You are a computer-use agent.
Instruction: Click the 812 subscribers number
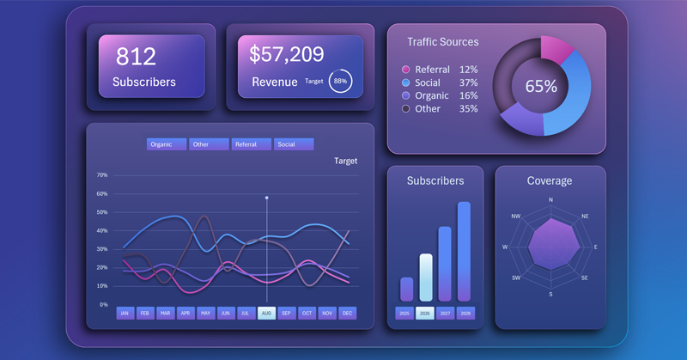click(136, 57)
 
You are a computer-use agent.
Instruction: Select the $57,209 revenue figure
click(287, 55)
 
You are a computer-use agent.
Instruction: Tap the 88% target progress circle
click(340, 81)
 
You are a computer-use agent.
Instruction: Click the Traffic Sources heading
click(443, 41)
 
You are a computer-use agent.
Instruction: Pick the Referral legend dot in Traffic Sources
click(405, 70)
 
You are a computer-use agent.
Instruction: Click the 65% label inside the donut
click(541, 86)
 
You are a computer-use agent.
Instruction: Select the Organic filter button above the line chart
click(166, 144)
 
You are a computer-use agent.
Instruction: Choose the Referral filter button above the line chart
click(251, 144)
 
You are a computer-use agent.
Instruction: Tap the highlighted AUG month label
click(266, 314)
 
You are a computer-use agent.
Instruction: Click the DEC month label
click(347, 314)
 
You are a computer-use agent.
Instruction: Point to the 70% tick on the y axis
click(102, 175)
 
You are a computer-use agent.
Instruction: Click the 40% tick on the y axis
click(102, 230)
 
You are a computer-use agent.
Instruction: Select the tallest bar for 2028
click(464, 251)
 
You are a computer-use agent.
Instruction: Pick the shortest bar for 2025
click(406, 289)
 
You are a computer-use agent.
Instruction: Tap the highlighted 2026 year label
click(425, 314)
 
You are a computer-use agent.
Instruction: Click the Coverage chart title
click(550, 180)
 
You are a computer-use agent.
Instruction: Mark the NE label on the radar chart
click(585, 217)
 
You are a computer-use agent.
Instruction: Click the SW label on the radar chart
click(516, 278)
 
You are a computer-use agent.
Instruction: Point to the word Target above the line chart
click(345, 161)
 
